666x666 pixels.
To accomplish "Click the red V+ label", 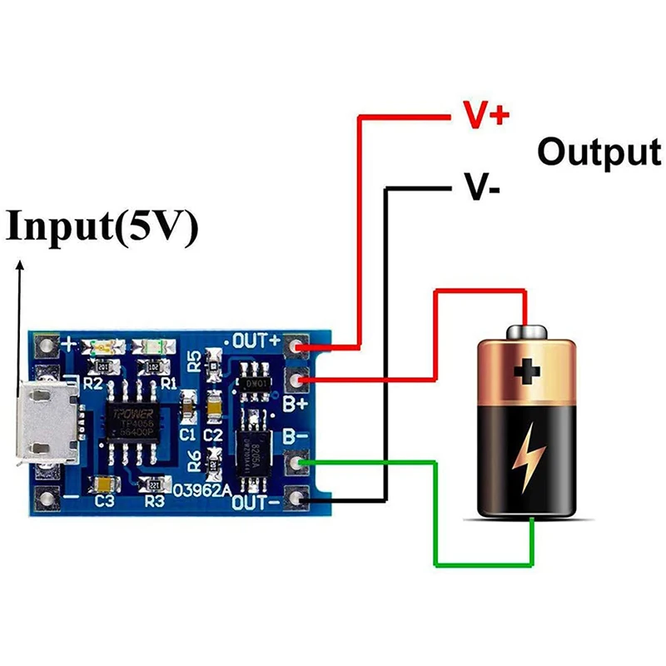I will click(485, 116).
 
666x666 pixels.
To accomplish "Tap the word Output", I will click(599, 152).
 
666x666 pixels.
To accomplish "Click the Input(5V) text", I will click(102, 227).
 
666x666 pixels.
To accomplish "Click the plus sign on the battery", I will click(526, 371).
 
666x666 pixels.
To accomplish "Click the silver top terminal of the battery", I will click(525, 331).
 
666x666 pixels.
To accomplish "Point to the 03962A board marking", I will click(201, 490).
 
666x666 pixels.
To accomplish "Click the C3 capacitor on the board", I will click(105, 484).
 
